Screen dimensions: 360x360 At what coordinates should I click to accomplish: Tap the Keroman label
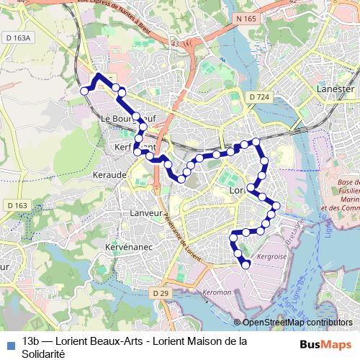click(217, 292)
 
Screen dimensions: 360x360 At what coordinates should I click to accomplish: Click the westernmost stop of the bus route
click(84, 91)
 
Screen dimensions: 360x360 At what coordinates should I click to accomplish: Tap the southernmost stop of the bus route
click(246, 264)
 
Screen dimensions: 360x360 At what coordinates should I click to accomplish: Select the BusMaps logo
click(325, 344)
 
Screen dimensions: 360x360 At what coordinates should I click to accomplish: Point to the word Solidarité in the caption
click(44, 354)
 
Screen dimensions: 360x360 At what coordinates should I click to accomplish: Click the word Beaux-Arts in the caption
click(101, 341)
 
